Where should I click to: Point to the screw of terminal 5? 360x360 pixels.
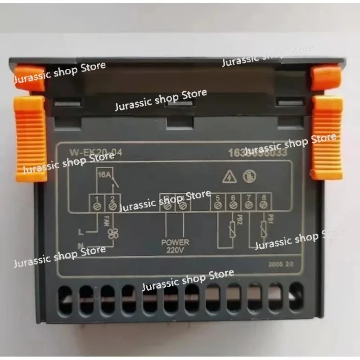pyautogui.click(x=218, y=205)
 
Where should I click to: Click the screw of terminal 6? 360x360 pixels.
pyautogui.click(x=233, y=205)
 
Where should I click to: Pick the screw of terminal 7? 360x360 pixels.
pyautogui.click(x=248, y=205)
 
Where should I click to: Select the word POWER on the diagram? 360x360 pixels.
pyautogui.click(x=175, y=242)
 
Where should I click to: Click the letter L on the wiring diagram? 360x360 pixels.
pyautogui.click(x=81, y=233)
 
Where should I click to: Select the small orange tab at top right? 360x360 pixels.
pyautogui.click(x=326, y=77)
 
